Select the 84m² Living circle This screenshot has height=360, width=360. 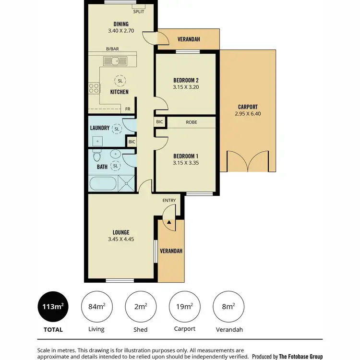click(97, 307)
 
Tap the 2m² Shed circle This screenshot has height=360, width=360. click(140, 307)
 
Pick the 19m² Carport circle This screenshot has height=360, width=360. click(185, 307)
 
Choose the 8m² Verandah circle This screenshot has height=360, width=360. click(228, 307)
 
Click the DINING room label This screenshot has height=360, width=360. click(121, 24)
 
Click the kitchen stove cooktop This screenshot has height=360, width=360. click(94, 88)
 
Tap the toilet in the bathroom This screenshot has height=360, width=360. click(96, 156)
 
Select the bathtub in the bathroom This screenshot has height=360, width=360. click(103, 183)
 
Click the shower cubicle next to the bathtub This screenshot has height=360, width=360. click(127, 183)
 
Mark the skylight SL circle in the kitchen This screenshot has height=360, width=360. click(119, 81)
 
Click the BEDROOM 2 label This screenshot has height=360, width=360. click(185, 80)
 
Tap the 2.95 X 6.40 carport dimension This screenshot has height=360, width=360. click(248, 114)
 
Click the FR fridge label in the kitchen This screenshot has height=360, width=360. click(128, 109)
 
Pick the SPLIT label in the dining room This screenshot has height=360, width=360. click(139, 11)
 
